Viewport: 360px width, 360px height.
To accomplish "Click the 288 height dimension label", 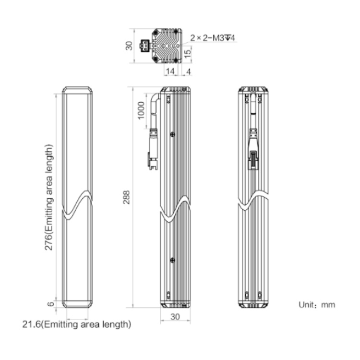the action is pos(127,197).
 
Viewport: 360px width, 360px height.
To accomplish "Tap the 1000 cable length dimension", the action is pos(141,110).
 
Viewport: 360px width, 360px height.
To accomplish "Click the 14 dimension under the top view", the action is pos(170,72).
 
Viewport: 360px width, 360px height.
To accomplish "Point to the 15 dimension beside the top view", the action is pos(187,53).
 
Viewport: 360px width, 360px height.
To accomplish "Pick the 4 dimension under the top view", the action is pos(189,72).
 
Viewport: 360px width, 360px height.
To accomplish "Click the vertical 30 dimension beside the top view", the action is pos(129,46).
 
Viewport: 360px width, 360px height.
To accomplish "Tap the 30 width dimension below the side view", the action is pos(175,317).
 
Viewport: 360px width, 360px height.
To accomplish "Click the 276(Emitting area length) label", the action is pos(48,197).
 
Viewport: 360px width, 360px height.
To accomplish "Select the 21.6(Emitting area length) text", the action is pos(77,324).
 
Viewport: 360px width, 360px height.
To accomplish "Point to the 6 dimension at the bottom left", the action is pos(50,304).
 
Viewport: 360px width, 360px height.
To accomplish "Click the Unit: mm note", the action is pos(317,305).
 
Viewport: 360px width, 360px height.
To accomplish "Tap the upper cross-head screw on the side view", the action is pos(172,134).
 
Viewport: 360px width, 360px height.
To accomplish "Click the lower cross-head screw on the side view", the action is pos(172,260).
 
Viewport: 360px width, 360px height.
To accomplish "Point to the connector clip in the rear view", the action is pos(253,160).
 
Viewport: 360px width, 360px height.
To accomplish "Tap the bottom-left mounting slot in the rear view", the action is pos(247,295).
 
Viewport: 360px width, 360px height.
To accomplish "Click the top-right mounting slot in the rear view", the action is pos(260,99).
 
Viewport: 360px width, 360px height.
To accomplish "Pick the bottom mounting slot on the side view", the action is pos(168,295).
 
